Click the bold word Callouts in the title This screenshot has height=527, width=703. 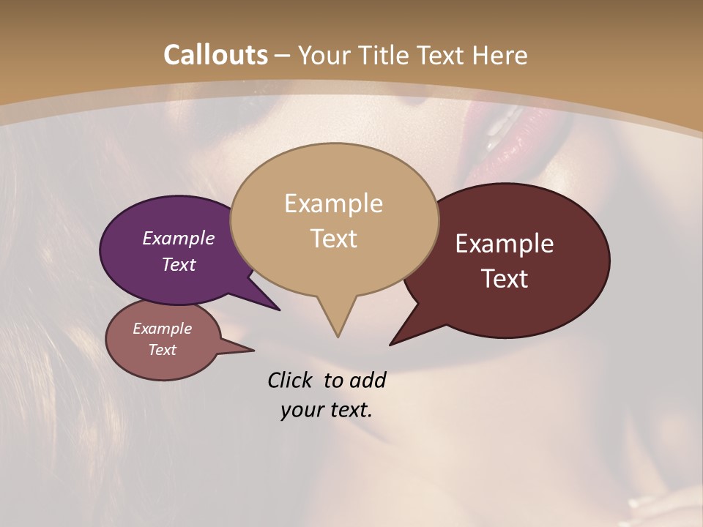(215, 55)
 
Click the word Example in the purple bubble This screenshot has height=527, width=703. (178, 239)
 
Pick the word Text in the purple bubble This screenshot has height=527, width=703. (178, 264)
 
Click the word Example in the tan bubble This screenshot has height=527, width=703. (333, 203)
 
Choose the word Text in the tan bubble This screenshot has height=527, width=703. (333, 239)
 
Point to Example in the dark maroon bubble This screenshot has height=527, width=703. (505, 244)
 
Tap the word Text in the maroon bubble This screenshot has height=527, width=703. (505, 279)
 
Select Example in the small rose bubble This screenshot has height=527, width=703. (162, 329)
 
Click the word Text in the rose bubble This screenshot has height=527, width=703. (162, 350)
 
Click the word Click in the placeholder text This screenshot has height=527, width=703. (291, 381)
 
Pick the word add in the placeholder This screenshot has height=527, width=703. (367, 381)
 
